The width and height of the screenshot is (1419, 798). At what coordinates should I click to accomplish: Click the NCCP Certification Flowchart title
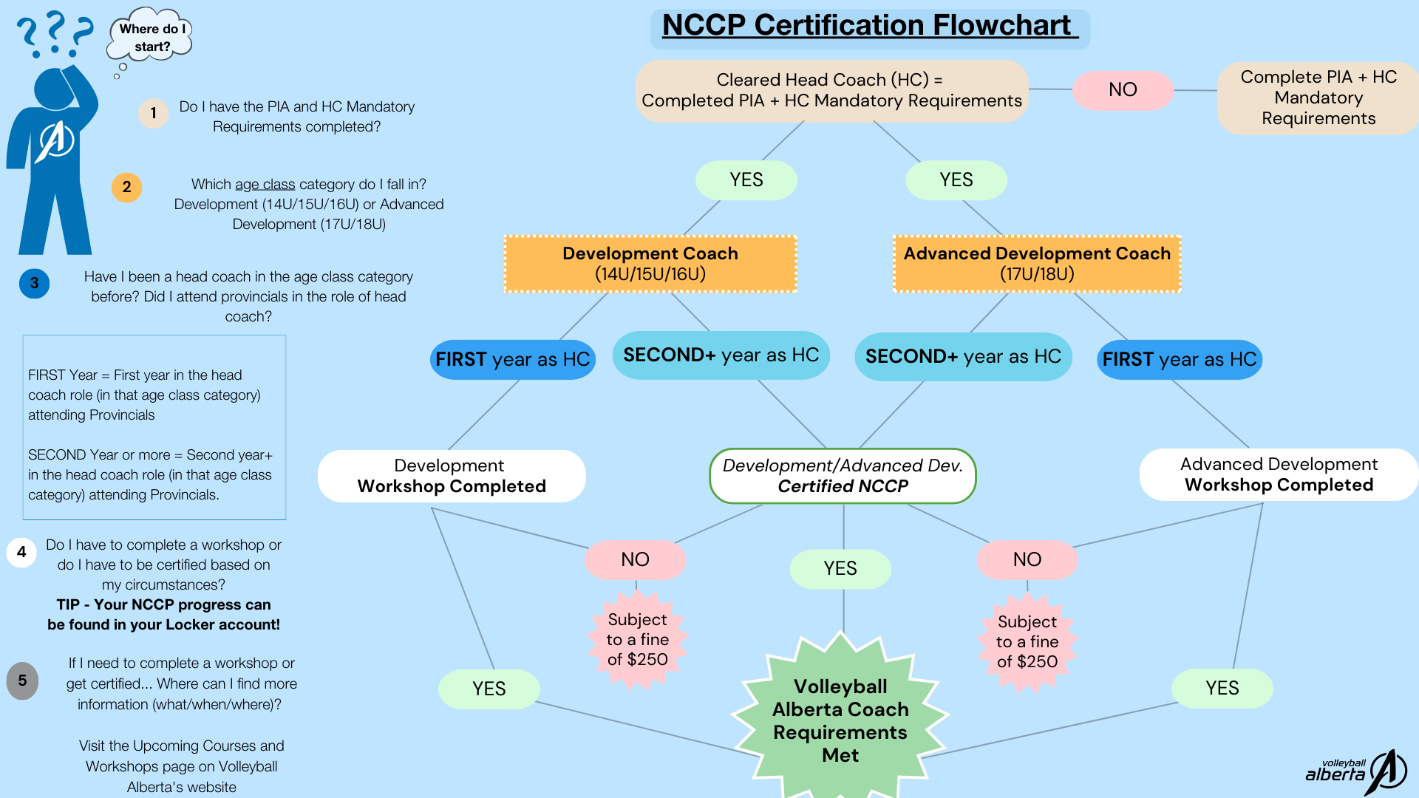click(x=869, y=27)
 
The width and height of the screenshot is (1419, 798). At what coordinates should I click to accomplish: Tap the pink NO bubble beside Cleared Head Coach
click(x=1122, y=90)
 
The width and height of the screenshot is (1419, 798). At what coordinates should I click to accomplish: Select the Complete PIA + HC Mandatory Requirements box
click(x=1318, y=98)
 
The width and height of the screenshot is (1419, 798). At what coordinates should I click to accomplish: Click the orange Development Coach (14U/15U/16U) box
click(x=650, y=264)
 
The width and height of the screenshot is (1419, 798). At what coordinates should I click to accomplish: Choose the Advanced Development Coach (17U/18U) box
click(x=1037, y=264)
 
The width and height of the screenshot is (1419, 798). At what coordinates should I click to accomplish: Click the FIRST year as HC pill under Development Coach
click(x=512, y=360)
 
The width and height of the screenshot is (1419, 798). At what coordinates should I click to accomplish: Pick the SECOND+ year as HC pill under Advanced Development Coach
click(x=963, y=357)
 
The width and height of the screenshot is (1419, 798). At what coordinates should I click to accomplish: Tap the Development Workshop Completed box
click(x=451, y=476)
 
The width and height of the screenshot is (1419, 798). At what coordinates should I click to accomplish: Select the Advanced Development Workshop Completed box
click(x=1279, y=474)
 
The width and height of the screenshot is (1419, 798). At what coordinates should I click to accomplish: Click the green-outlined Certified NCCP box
click(x=843, y=476)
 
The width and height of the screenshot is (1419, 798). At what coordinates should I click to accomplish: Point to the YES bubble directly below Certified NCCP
click(x=840, y=569)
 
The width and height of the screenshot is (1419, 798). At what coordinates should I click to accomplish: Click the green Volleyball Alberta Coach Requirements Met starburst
click(x=840, y=720)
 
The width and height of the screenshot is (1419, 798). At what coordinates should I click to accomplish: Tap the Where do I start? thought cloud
click(x=152, y=37)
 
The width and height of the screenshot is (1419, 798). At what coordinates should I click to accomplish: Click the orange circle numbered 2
click(x=126, y=187)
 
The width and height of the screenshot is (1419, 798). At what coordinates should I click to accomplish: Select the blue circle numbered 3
click(x=34, y=283)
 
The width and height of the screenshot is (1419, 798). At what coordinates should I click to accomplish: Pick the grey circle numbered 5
click(x=22, y=681)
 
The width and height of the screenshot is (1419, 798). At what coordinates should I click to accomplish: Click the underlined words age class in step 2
click(x=265, y=185)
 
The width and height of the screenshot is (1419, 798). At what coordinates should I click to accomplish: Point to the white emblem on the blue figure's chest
click(x=56, y=140)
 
